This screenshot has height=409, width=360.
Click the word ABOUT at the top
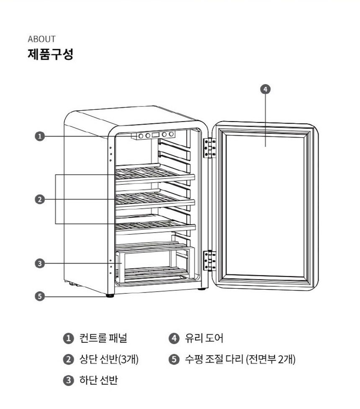coord(41,39)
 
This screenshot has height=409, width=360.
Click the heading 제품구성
coord(50,54)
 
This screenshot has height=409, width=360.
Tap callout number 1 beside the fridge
coord(39,136)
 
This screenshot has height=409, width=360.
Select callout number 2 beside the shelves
coord(39,199)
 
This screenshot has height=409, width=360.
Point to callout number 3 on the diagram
coord(39,264)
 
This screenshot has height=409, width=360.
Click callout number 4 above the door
coord(265,89)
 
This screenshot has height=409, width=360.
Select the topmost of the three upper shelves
coord(155,173)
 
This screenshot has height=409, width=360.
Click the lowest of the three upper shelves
coord(155,225)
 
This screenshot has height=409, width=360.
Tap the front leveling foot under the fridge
coord(111,295)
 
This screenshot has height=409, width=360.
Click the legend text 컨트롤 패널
coord(103,338)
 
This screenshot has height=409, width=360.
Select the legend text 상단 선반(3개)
coord(108,359)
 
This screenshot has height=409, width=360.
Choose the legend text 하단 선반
coord(98,381)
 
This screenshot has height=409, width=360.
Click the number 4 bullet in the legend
coord(174,338)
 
